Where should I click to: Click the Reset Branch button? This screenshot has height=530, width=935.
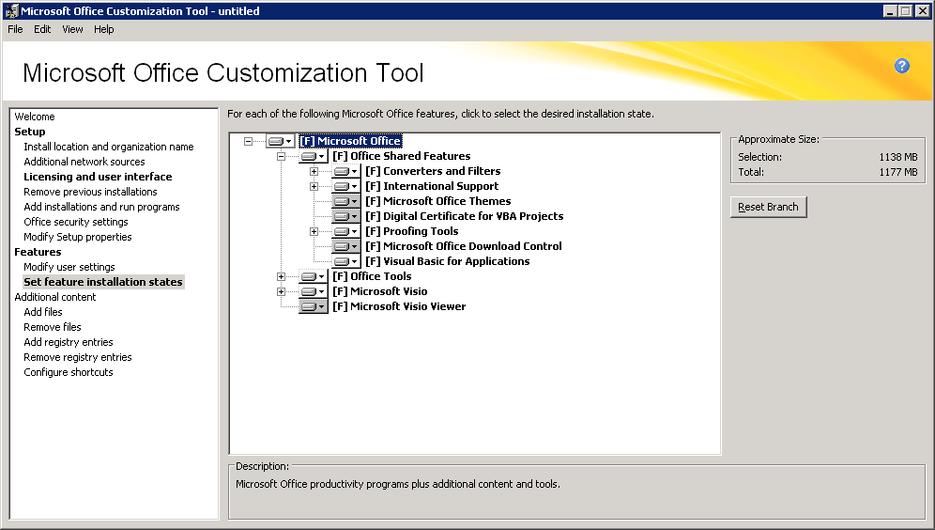[768, 207]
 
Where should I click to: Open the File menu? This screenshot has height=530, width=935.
[16, 29]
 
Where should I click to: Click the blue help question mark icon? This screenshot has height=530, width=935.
[901, 66]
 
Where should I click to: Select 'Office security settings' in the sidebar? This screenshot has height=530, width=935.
[76, 222]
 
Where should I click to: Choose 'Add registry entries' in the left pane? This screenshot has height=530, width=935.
[69, 342]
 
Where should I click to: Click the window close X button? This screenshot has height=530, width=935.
[922, 10]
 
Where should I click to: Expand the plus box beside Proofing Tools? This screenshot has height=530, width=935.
[314, 231]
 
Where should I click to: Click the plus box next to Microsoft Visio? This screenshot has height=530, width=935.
[281, 292]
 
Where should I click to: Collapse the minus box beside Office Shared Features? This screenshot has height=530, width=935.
[281, 156]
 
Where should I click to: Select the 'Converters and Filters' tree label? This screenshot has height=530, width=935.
[433, 171]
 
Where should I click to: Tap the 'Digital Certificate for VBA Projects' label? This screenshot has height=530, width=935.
[465, 216]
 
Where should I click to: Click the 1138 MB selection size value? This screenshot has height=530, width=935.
[898, 157]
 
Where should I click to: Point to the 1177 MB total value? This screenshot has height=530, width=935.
[898, 172]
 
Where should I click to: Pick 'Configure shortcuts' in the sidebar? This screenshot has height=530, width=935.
[69, 372]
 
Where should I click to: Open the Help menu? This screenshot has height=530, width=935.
[104, 29]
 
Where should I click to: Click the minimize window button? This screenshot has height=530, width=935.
[890, 10]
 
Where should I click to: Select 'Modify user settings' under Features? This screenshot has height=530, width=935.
[69, 267]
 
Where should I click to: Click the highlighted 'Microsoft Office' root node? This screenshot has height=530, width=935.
[351, 141]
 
